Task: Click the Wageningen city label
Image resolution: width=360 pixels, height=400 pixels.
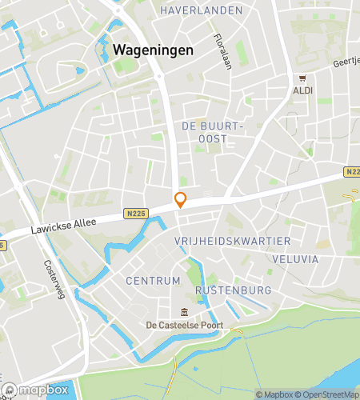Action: (x=153, y=49)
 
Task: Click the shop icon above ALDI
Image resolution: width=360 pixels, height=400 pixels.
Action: (x=302, y=78)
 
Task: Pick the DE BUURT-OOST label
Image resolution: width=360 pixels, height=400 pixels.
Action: (x=211, y=133)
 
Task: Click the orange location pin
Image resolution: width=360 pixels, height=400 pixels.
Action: (x=181, y=200)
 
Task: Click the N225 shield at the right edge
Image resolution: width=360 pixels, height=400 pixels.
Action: (x=353, y=172)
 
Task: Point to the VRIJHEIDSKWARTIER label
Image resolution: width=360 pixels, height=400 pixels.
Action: (x=232, y=241)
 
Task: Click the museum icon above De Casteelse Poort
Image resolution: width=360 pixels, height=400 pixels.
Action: (x=185, y=311)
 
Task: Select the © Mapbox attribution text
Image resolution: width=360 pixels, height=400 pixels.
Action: (x=275, y=394)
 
